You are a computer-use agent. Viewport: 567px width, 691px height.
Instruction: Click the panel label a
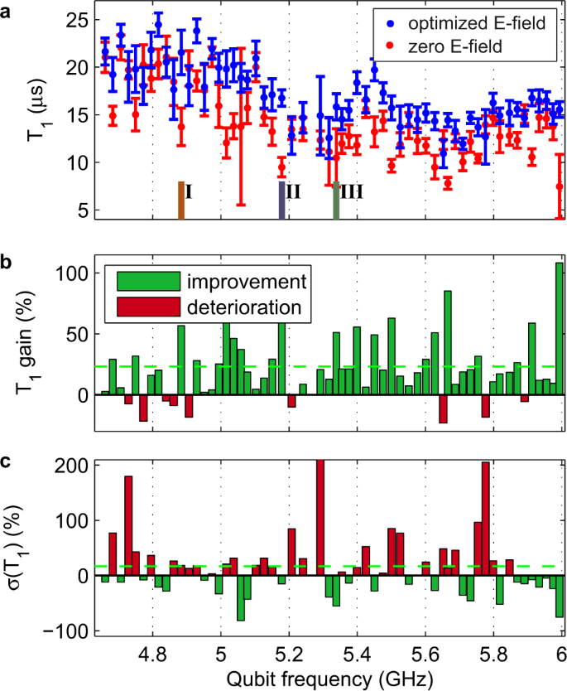pos(8,11)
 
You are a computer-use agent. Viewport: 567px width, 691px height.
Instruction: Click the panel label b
pos(8,264)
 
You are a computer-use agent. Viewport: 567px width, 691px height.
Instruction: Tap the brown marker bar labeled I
pos(180,200)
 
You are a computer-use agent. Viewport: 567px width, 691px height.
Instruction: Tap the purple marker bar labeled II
pos(282,200)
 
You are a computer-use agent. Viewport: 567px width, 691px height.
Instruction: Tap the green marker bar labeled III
pos(336,200)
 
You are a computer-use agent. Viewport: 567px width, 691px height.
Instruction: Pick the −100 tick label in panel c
pos(68,631)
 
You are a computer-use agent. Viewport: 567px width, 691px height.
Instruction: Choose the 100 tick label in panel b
pos(75,273)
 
